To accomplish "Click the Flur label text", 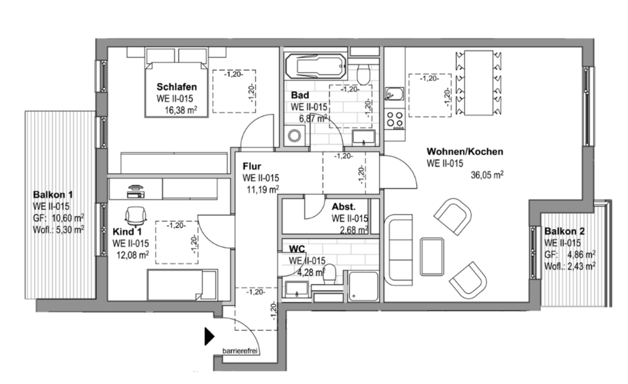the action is point(252,166).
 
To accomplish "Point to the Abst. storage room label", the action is point(343,205).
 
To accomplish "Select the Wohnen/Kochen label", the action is point(464,152).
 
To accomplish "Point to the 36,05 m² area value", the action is point(487,175).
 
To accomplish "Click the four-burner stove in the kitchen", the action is point(394,119).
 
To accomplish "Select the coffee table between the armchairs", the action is point(432,253).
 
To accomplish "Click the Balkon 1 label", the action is point(52,195).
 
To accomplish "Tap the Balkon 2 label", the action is point(565,232).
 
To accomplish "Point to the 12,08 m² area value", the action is point(132,254).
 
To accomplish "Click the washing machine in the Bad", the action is point(294,135).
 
